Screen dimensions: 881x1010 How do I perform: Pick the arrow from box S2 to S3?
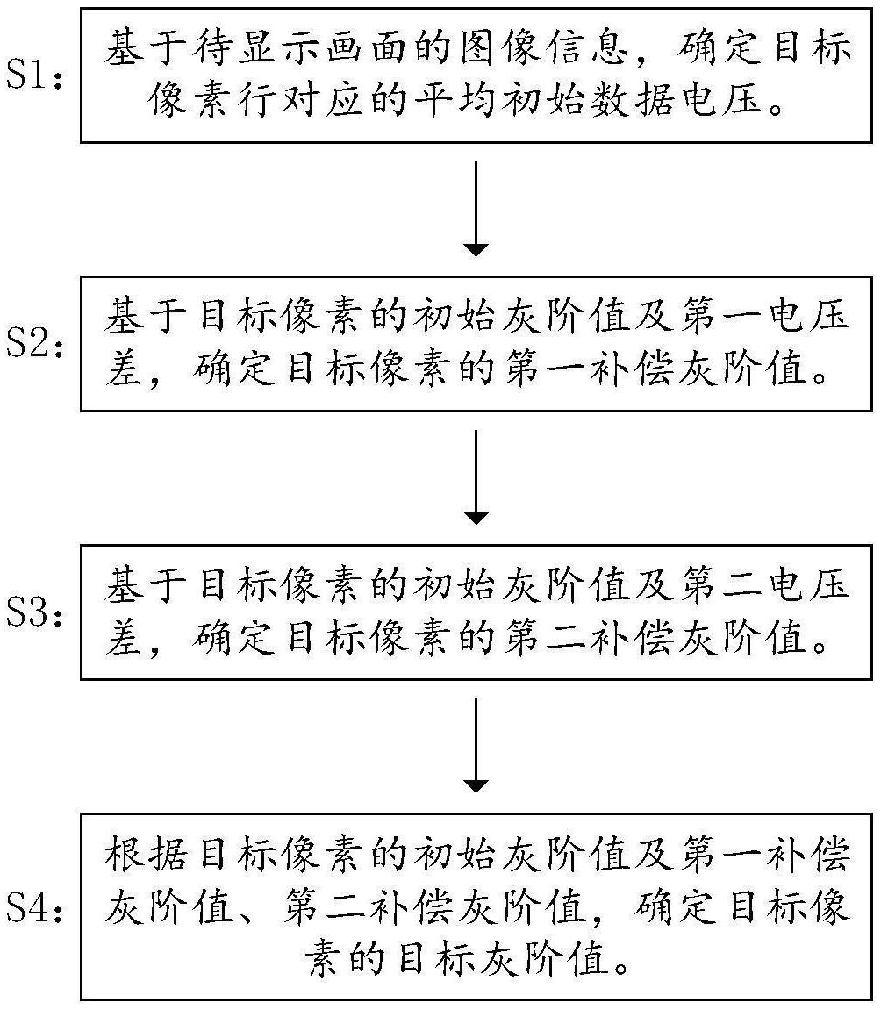476,477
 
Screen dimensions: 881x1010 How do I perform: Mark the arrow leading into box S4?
476,746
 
